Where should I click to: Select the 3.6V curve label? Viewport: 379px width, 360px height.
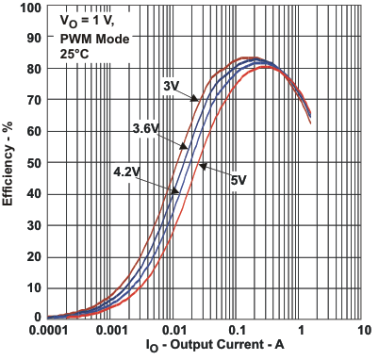pyautogui.click(x=148, y=128)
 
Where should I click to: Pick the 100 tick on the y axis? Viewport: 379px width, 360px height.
pyautogui.click(x=29, y=8)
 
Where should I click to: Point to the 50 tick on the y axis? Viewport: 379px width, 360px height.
pyautogui.click(x=33, y=163)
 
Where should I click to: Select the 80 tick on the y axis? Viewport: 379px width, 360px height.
pyautogui.click(x=33, y=70)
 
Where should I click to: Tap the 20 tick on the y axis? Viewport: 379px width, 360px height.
pyautogui.click(x=33, y=256)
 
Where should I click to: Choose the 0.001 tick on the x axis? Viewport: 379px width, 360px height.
pyautogui.click(x=111, y=332)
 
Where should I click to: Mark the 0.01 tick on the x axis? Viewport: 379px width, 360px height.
pyautogui.click(x=174, y=332)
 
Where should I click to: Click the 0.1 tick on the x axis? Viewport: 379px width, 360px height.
pyautogui.click(x=238, y=332)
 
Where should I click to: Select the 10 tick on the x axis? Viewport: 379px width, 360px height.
pyautogui.click(x=364, y=332)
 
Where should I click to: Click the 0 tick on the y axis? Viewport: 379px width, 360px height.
pyautogui.click(x=37, y=318)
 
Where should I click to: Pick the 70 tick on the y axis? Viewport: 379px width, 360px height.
pyautogui.click(x=33, y=101)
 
